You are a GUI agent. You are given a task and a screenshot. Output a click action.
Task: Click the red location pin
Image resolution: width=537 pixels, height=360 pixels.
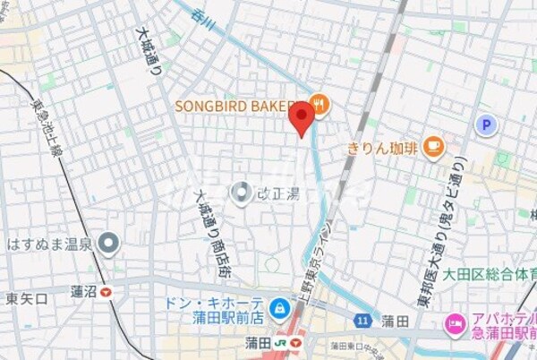pyautogui.click(x=302, y=117)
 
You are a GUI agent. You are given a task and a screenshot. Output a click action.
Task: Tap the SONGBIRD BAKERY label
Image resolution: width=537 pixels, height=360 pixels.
pyautogui.click(x=234, y=106)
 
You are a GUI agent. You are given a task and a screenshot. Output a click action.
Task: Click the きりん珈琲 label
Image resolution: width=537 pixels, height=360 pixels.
pyautogui.click(x=383, y=148)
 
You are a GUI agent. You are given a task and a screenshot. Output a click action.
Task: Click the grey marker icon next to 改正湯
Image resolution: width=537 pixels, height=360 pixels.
pyautogui.click(x=241, y=192)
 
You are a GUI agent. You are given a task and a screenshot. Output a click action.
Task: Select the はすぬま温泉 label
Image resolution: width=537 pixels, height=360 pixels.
pyautogui.click(x=49, y=243)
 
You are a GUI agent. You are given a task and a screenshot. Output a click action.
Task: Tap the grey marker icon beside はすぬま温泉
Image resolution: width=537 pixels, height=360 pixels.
pyautogui.click(x=109, y=243)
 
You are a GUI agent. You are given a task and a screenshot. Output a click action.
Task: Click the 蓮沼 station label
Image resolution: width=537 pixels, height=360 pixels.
pyautogui.click(x=82, y=291)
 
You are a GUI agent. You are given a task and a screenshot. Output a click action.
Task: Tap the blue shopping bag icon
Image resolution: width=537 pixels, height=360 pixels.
pyautogui.click(x=280, y=307)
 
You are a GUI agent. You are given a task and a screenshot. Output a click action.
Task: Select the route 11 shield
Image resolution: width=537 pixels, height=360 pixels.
pyautogui.click(x=362, y=320)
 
